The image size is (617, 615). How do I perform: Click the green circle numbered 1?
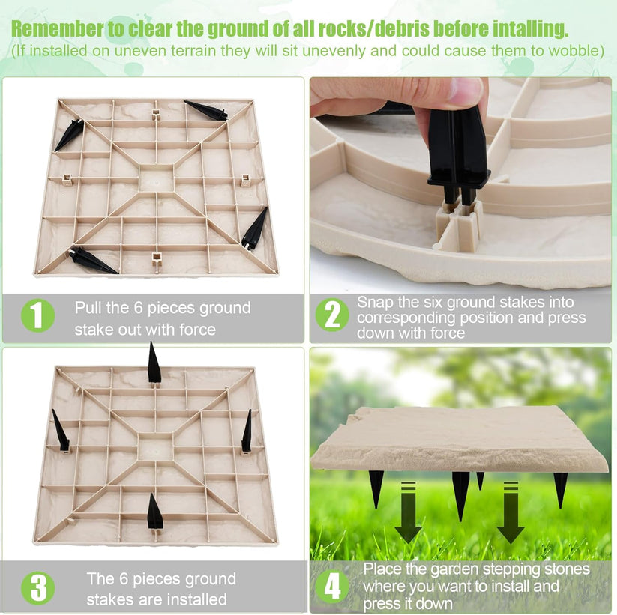[37, 315]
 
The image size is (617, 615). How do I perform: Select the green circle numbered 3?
[37, 588]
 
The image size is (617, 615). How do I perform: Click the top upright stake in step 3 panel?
[154, 363]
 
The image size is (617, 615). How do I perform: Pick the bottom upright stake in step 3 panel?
[154, 513]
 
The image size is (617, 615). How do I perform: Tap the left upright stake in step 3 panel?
[61, 431]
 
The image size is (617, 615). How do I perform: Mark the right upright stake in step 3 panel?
[247, 431]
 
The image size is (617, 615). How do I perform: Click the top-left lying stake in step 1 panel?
[69, 136]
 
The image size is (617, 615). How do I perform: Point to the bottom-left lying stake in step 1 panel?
[92, 260]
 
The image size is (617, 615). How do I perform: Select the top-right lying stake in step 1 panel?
[206, 109]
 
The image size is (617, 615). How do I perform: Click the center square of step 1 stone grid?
[156, 179]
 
